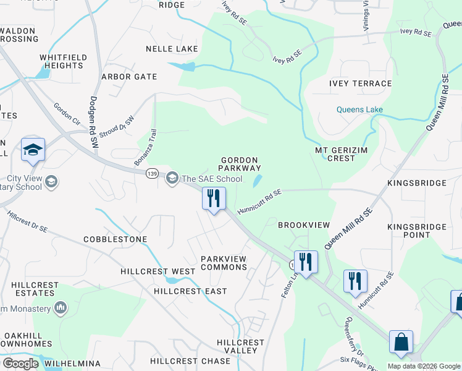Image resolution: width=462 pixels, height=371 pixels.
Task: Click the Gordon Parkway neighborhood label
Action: point(240,164)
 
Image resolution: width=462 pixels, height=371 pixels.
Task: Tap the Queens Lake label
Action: point(359,110)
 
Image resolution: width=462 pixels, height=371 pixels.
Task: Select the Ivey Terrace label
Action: point(361,83)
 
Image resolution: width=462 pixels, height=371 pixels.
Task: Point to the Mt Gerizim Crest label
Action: point(343,154)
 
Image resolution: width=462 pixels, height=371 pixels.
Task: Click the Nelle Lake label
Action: point(172,49)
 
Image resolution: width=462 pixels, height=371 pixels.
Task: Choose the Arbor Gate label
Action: point(129,77)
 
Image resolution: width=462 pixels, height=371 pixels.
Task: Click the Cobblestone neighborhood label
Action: point(115,239)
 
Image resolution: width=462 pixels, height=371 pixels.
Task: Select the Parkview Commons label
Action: point(224,263)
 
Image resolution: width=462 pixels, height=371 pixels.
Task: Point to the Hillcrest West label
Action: point(158,271)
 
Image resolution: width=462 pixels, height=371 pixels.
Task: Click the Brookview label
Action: point(304,225)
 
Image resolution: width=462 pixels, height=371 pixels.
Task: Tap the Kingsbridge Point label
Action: point(418,231)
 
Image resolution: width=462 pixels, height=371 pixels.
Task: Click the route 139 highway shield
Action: point(152,175)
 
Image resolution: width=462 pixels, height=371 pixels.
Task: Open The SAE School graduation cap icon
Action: point(172,179)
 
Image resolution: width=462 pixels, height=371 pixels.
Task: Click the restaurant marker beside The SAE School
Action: point(214,199)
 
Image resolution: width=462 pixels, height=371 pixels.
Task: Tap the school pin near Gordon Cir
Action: point(32,150)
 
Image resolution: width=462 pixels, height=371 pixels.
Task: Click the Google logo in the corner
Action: point(20,364)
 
